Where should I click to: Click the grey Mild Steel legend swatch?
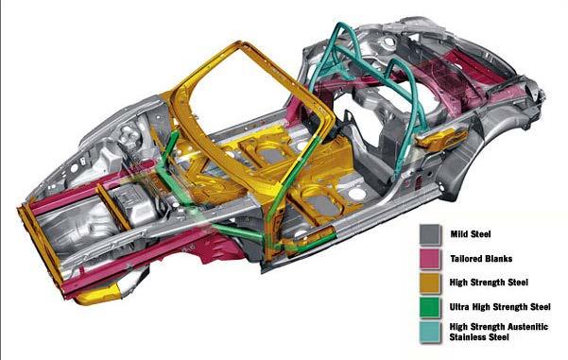430,234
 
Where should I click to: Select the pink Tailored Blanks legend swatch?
430,259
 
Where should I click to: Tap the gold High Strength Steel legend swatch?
430,283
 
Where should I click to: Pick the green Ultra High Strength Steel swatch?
430,307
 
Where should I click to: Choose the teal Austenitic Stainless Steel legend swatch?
430,332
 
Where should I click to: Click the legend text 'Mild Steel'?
471,234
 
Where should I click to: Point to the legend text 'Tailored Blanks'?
481,259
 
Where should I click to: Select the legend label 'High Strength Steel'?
489,283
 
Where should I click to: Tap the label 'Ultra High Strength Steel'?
500,307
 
